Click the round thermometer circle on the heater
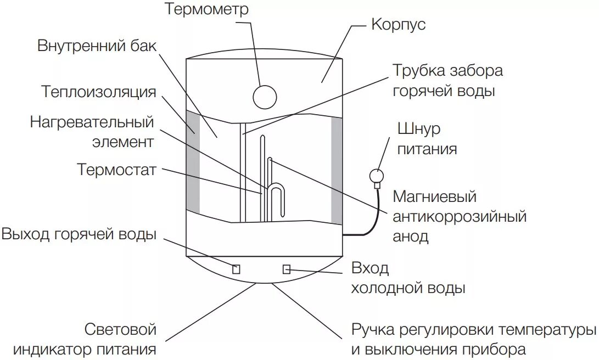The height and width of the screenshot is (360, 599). (x=265, y=97)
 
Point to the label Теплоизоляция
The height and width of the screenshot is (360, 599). (x=99, y=91)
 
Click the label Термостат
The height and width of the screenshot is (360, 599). (x=117, y=169)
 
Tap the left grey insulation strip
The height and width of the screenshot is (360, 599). (x=193, y=162)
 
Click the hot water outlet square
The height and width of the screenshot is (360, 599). (x=236, y=269)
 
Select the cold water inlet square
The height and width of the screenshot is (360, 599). (x=286, y=269)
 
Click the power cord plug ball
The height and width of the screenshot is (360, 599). (x=377, y=176)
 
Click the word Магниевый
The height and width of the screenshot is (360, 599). (x=434, y=196)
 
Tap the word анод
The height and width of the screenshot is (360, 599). (x=410, y=236)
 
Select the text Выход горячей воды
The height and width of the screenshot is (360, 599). (x=79, y=235)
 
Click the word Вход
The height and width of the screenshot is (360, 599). (x=370, y=269)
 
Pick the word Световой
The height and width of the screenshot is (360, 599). (x=121, y=329)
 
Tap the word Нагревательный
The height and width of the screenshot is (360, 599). (x=92, y=122)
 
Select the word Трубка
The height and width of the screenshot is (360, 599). (x=418, y=71)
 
